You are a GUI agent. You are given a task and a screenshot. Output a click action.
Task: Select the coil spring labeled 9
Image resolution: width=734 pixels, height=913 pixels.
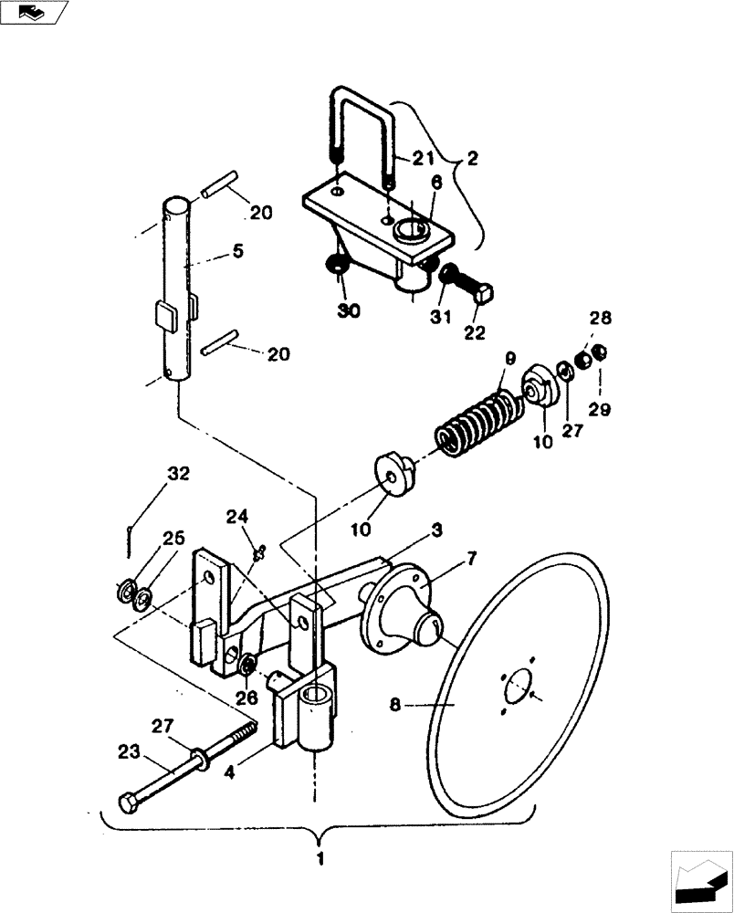tap(478, 419)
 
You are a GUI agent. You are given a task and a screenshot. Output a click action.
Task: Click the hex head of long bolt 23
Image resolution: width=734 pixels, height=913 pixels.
tap(128, 804)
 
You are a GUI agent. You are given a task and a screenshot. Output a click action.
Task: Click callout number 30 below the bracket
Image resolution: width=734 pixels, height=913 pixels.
tap(348, 310)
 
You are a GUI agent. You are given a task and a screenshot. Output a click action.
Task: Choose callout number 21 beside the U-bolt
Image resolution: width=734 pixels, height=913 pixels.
tap(423, 159)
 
